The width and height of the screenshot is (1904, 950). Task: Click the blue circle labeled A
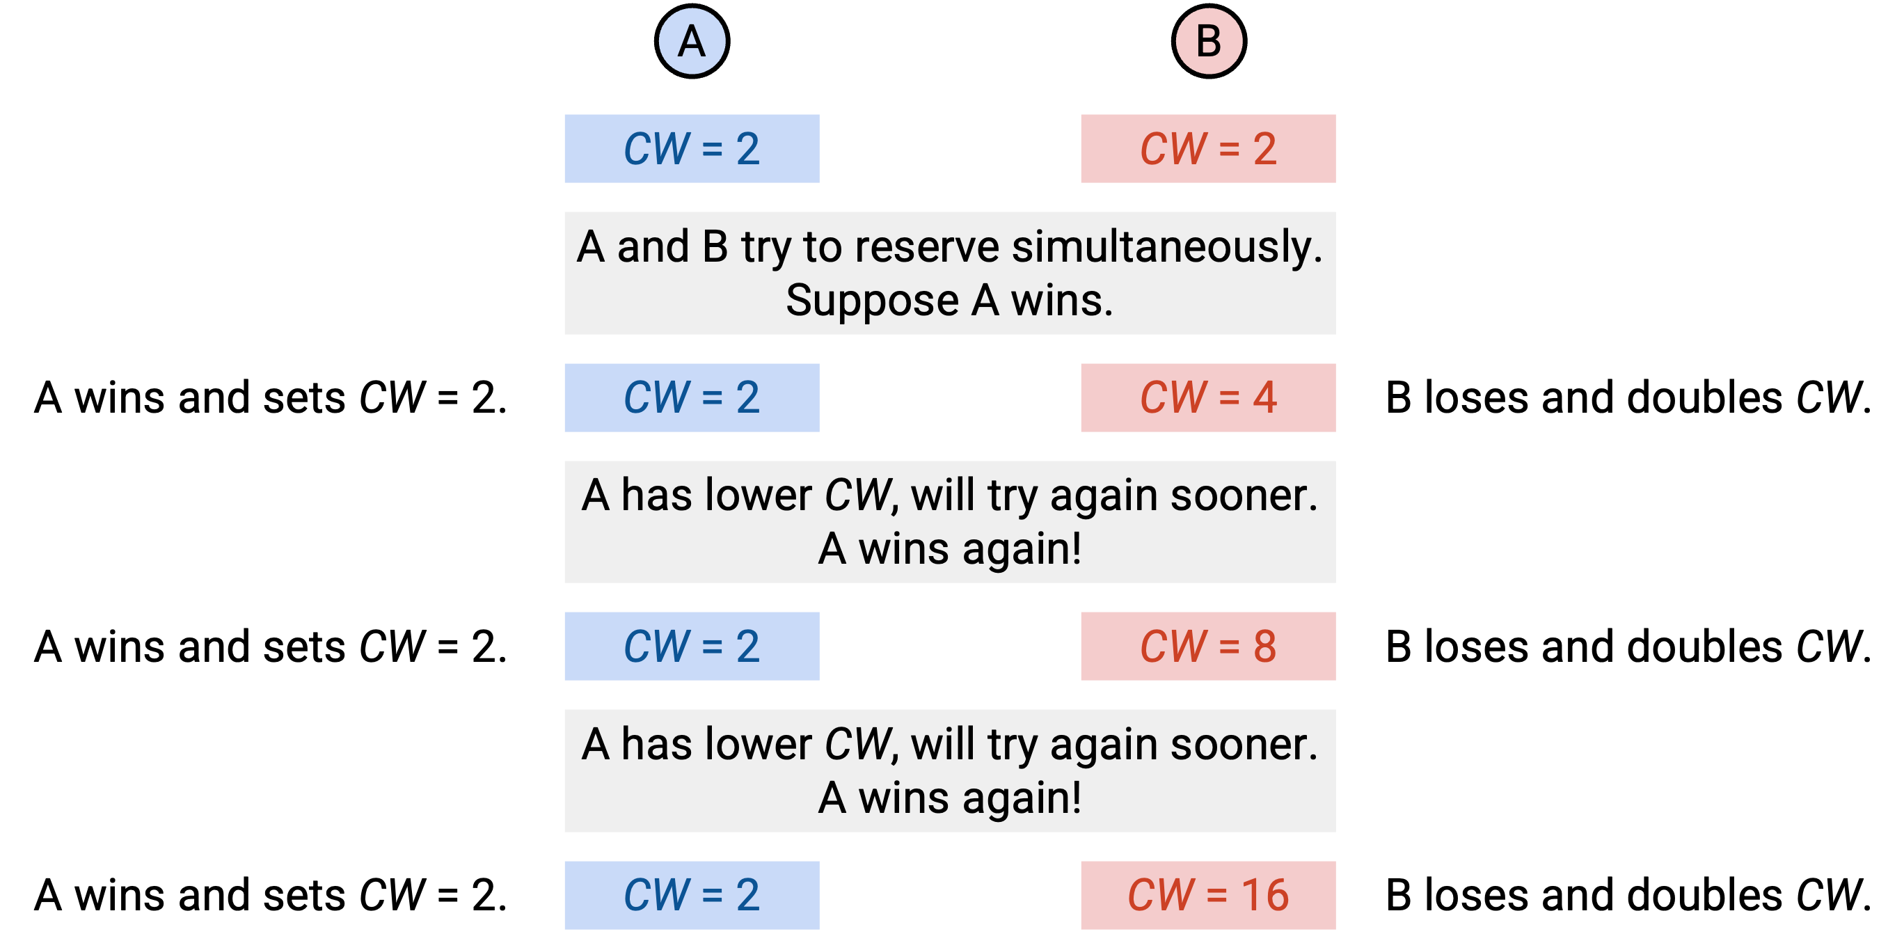[x=692, y=41]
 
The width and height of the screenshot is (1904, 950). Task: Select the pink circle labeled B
[x=1209, y=41]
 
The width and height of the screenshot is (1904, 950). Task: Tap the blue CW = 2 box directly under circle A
[x=692, y=149]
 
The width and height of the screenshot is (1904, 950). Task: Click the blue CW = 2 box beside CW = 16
[x=692, y=895]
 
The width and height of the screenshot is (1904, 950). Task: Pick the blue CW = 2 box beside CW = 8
[x=692, y=646]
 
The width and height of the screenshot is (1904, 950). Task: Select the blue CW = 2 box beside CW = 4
[x=692, y=397]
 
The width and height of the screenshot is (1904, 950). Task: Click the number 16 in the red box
[x=1264, y=895]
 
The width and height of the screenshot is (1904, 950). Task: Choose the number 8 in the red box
[x=1264, y=646]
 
